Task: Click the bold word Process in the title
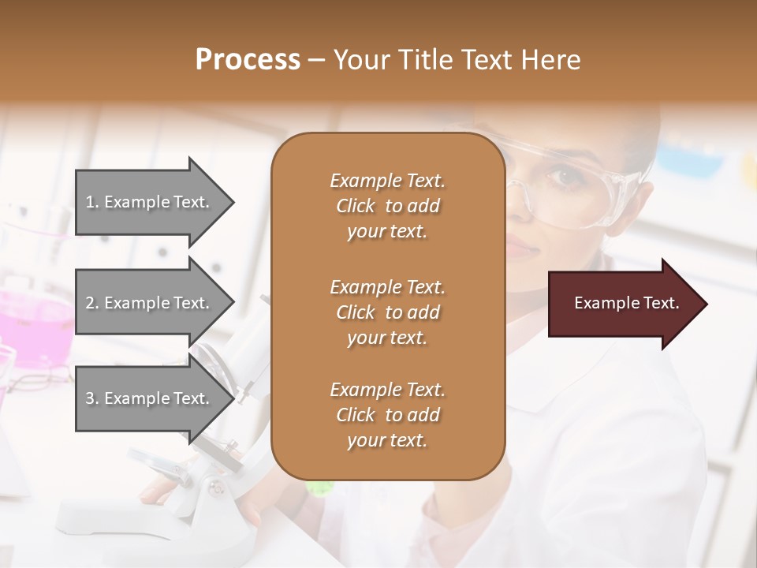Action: point(248,60)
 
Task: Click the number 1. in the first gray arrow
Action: point(92,202)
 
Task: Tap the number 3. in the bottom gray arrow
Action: point(92,398)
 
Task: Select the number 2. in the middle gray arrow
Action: point(92,303)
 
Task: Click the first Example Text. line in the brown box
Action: point(387,181)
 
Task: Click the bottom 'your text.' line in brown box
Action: point(387,441)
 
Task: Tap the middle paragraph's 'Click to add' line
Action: point(387,312)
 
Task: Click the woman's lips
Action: point(521,251)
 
